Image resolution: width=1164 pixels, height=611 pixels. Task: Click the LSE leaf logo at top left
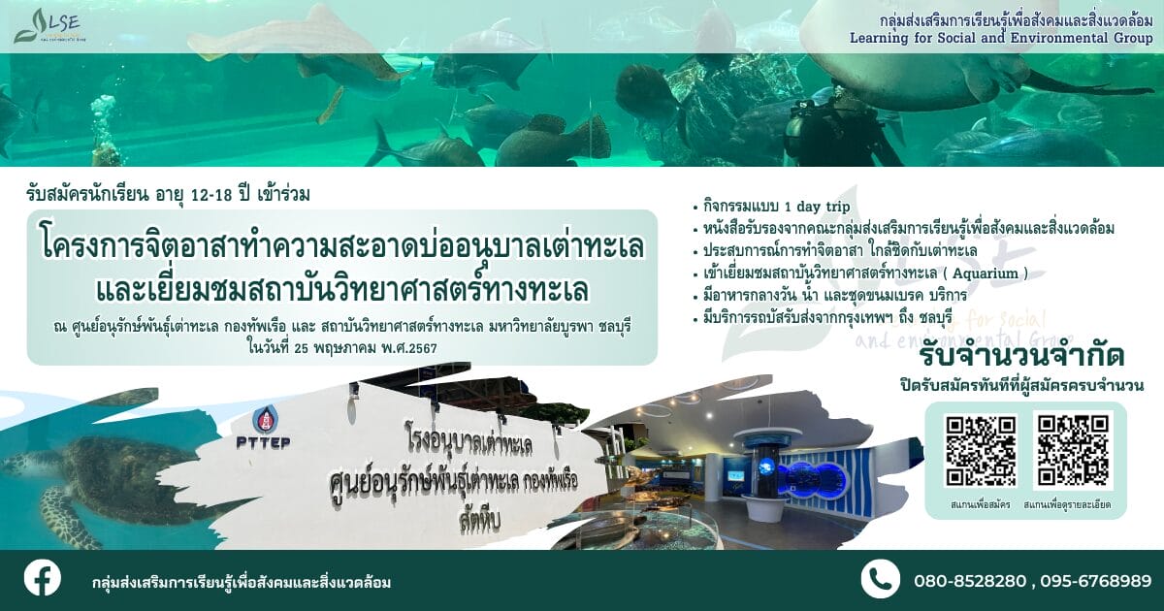[x=48, y=26]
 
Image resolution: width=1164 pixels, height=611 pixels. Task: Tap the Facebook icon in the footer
[x=42, y=578]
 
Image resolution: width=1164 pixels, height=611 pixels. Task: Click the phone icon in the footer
[x=881, y=579]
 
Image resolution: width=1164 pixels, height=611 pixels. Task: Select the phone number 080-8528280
[x=970, y=581]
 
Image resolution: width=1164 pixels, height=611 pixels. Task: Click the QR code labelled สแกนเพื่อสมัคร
[x=980, y=450]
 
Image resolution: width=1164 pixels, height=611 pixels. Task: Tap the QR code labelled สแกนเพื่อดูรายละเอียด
[x=1073, y=450]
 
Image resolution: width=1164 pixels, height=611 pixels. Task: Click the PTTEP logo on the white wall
[x=264, y=428]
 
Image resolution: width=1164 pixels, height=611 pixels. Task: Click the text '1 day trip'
[x=817, y=207]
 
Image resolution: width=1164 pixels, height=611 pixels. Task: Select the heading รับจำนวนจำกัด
[x=1021, y=357]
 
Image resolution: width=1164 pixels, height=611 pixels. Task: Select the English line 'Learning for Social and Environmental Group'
[x=1001, y=38]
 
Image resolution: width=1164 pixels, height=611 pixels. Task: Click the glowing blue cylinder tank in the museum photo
[x=765, y=467]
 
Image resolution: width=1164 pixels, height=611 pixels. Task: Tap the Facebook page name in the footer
[x=242, y=583]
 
